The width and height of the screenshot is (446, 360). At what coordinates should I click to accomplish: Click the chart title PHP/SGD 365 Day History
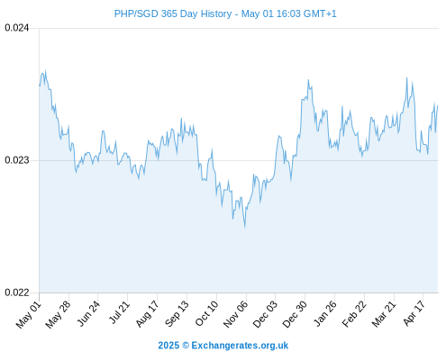pyautogui.click(x=173, y=13)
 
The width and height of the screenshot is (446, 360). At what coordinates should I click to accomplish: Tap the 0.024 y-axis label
pyautogui.click(x=17, y=28)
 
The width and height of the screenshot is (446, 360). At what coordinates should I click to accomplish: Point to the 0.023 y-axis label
pyautogui.click(x=17, y=160)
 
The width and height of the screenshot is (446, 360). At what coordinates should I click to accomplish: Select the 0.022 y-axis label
pyautogui.click(x=17, y=292)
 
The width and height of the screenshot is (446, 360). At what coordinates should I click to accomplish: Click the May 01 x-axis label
pyautogui.click(x=29, y=314)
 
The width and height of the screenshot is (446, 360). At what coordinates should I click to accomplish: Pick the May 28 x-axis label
pyautogui.click(x=58, y=314)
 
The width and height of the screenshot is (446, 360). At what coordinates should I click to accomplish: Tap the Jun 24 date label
pyautogui.click(x=88, y=313)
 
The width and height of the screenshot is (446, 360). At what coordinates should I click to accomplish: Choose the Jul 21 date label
pyautogui.click(x=119, y=312)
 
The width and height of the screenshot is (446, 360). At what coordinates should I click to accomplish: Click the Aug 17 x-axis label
pyautogui.click(x=147, y=314)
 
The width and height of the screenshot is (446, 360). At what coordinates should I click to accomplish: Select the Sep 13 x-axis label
pyautogui.click(x=177, y=314)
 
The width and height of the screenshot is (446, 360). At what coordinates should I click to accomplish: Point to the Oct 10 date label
pyautogui.click(x=206, y=313)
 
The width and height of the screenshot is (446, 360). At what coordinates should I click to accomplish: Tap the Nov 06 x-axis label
pyautogui.click(x=236, y=314)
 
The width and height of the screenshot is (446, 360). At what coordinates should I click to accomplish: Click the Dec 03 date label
pyautogui.click(x=265, y=314)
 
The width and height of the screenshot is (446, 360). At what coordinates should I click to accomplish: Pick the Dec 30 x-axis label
pyautogui.click(x=295, y=314)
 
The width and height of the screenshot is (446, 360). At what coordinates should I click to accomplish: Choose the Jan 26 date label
pyautogui.click(x=325, y=313)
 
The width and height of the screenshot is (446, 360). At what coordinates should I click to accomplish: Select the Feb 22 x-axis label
pyautogui.click(x=354, y=314)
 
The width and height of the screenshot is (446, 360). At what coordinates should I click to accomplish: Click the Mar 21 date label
pyautogui.click(x=384, y=314)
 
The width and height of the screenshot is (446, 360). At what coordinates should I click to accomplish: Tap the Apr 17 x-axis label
pyautogui.click(x=414, y=313)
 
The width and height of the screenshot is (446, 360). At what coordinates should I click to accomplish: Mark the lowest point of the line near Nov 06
pyautogui.click(x=245, y=228)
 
